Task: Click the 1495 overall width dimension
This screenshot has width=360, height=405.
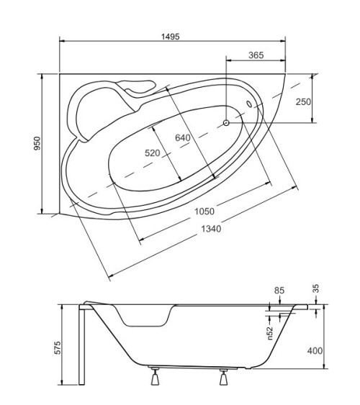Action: tap(171, 37)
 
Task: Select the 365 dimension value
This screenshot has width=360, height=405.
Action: tap(256, 55)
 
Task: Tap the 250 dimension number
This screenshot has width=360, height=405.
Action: tap(303, 101)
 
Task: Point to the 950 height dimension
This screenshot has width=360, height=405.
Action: tap(37, 144)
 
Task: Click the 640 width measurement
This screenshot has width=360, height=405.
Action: tap(183, 137)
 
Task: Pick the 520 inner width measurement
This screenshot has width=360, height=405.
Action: tap(153, 153)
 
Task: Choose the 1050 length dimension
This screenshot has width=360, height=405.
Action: tap(204, 211)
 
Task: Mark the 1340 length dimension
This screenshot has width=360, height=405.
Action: tap(211, 229)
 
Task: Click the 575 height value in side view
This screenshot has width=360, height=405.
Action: tap(58, 347)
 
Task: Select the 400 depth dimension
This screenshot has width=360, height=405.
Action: tap(315, 351)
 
